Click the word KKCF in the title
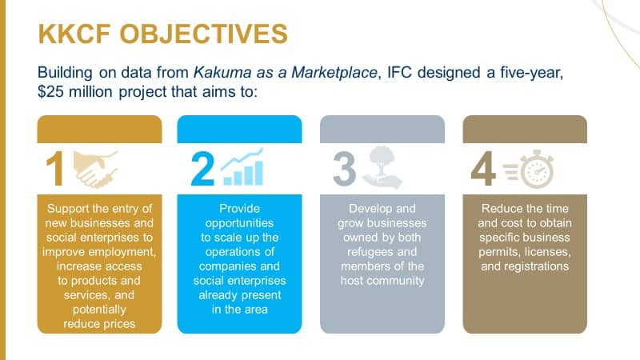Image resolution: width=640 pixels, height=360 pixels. coord(74,34)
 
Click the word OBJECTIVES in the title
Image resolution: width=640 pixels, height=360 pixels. coord(204,34)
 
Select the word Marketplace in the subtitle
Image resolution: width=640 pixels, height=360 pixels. coord(334,73)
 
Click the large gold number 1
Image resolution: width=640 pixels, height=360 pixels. coord(54,169)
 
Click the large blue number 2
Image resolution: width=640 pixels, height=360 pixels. coord(202,169)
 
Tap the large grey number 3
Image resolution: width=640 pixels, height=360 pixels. coord(345,169)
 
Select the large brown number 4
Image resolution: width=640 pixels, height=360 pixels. coord(483,169)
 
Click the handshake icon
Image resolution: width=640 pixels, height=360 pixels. coord(95,169)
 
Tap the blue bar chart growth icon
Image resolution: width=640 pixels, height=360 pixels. coord(242,167)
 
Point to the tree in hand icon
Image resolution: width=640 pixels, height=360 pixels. coord(382,168)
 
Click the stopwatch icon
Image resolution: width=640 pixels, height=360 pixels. coord(529,169)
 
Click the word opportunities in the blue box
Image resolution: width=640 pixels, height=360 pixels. coord(239,223)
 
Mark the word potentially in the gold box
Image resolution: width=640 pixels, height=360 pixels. coord(99,310)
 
